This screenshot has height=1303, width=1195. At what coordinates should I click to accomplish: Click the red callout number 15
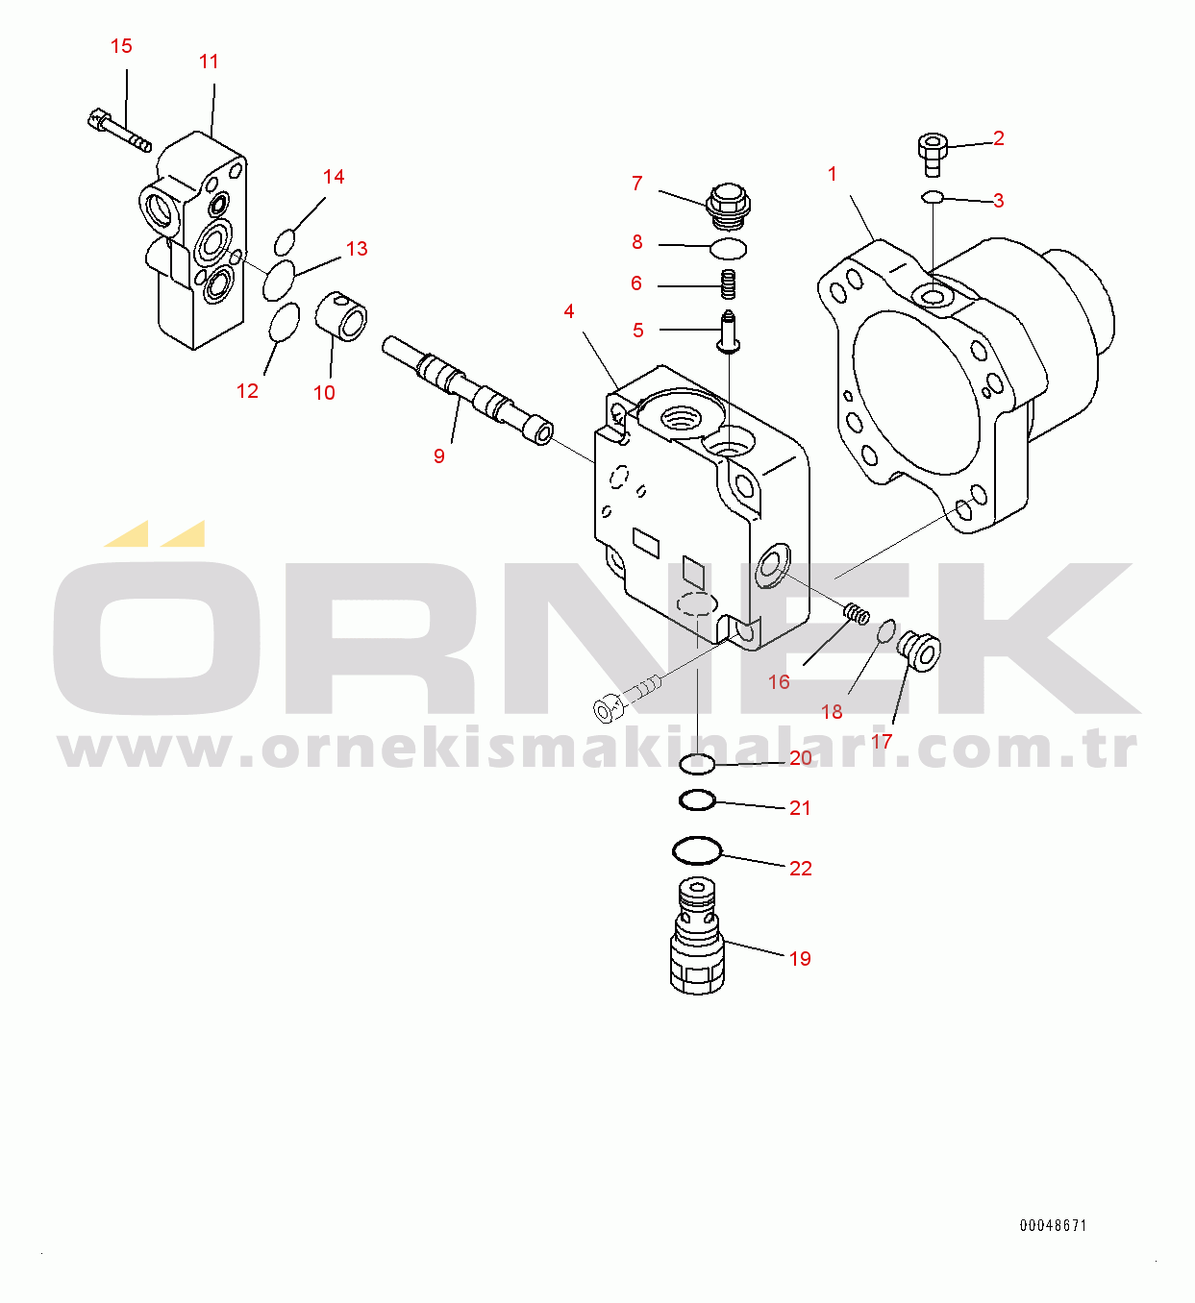point(121,46)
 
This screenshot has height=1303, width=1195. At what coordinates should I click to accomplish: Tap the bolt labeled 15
point(119,130)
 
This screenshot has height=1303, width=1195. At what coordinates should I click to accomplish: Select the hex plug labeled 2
point(933,155)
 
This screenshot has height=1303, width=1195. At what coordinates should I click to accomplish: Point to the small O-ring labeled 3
point(933,196)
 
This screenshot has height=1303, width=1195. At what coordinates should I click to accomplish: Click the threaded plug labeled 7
point(728,207)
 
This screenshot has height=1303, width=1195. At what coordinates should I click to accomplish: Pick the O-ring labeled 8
point(728,248)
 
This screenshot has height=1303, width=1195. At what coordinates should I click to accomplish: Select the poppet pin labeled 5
point(729,332)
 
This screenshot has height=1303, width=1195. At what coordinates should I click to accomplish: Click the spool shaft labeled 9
point(468,390)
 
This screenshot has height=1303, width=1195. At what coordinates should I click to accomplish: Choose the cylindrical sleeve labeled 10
point(340,316)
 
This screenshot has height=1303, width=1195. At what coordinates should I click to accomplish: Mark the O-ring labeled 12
point(285,322)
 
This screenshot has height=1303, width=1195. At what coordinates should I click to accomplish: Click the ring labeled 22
point(697,850)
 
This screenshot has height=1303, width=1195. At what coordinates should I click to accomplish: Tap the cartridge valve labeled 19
point(697,935)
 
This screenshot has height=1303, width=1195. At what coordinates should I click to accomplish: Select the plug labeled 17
point(918,651)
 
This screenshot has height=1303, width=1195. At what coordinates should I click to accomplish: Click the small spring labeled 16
point(857,614)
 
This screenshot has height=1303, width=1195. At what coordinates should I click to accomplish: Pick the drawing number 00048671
point(1054,1226)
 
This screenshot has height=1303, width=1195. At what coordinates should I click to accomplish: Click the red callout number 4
point(569,311)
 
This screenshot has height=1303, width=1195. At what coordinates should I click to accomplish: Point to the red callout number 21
point(800,807)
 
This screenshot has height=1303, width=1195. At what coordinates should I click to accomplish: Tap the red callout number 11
point(209,61)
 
